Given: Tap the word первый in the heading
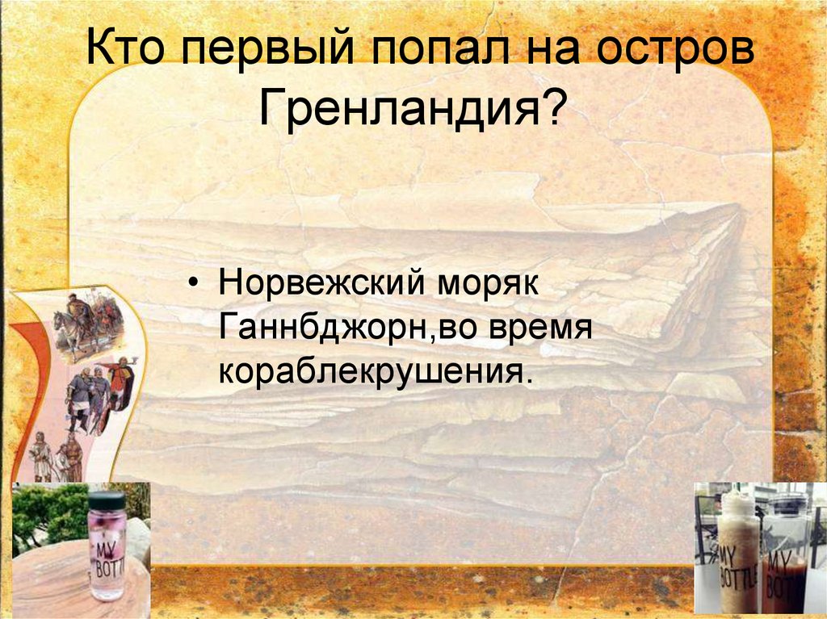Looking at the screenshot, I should point(263,53).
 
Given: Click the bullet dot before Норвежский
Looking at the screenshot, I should point(193,286).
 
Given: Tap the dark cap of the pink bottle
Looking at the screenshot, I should point(106,500).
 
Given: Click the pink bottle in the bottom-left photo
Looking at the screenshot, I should point(106,557).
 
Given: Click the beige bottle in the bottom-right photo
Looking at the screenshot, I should point(738,557).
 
